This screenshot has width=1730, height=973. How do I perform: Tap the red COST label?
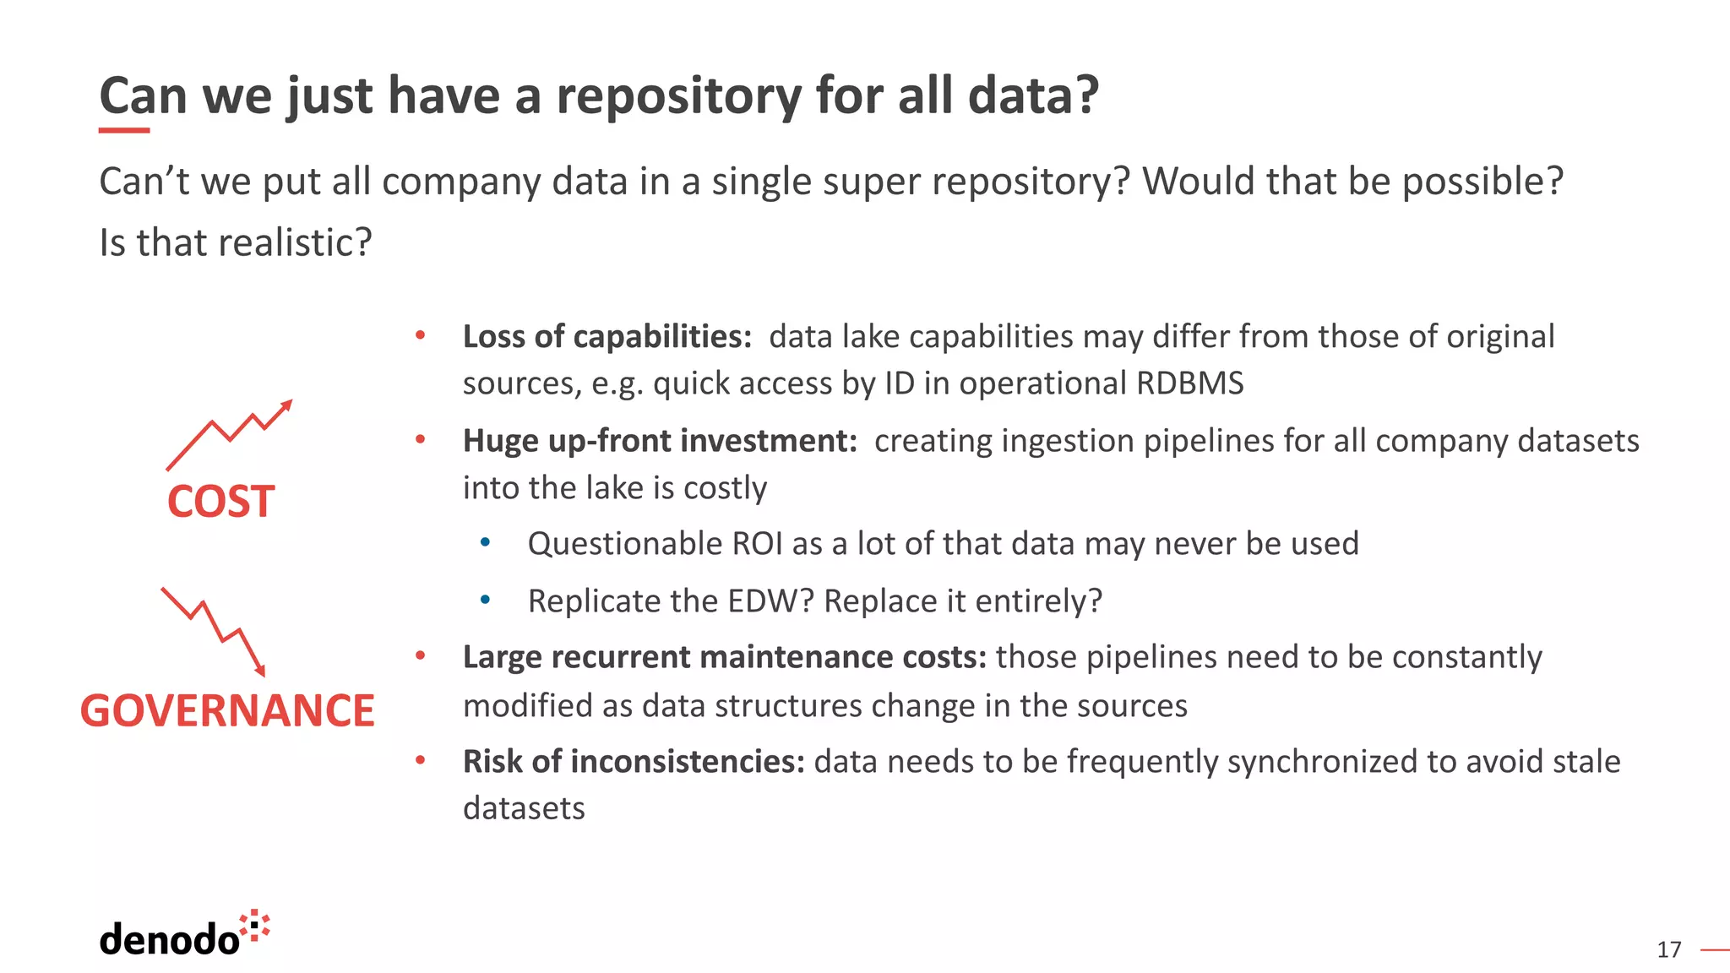point(220,502)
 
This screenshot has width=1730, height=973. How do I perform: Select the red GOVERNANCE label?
point(227,710)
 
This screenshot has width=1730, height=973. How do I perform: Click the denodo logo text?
point(169,939)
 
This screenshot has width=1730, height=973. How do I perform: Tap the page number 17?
point(1668,950)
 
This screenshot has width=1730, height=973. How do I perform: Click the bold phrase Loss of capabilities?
point(607,337)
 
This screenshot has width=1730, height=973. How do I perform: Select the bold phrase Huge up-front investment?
point(660,441)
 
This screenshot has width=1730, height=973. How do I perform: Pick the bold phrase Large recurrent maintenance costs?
point(724,657)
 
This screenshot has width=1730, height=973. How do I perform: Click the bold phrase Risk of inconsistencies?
point(634,762)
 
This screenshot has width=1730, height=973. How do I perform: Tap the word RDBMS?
point(1189,383)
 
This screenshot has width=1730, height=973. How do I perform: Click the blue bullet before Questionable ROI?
point(485,542)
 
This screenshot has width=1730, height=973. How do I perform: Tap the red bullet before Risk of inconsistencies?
point(420,760)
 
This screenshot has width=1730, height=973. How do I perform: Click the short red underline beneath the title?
point(124,131)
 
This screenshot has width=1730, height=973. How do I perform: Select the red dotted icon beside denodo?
point(255,926)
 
